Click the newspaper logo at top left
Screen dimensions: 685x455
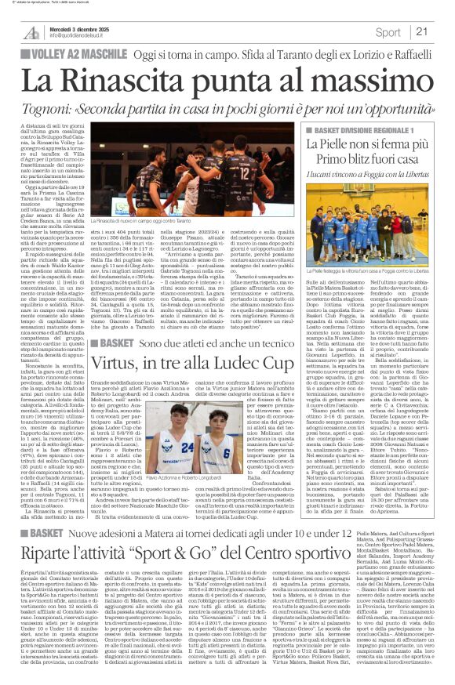pyautogui.click(x=32, y=31)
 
